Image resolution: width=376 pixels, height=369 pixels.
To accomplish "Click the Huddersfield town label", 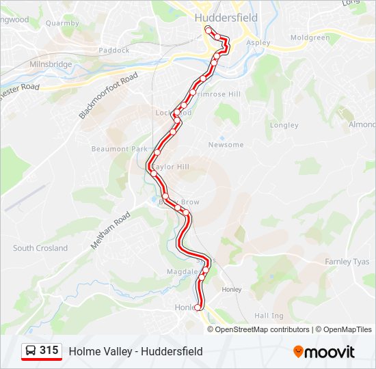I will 226,18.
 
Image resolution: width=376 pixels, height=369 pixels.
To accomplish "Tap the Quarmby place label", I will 62,23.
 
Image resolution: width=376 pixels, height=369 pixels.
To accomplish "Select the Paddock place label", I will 113,50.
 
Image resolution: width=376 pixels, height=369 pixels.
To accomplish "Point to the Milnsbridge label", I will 51,64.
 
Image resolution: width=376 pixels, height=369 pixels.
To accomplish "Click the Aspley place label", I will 258,42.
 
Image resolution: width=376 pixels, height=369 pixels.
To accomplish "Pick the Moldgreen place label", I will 310,38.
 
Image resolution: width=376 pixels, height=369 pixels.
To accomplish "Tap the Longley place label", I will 284,125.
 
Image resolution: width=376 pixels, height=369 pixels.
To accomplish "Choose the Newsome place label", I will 226,145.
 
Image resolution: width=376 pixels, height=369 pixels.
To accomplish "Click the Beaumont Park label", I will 120,149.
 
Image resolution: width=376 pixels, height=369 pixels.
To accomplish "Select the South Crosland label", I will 40,248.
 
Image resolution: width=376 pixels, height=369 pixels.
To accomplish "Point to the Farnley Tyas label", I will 347,262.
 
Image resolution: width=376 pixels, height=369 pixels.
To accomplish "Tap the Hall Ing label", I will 269,316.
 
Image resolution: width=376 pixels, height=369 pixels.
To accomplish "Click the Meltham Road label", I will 112,230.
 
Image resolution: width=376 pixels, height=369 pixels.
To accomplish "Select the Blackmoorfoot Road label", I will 108,96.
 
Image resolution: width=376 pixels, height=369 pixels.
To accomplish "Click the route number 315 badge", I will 49,351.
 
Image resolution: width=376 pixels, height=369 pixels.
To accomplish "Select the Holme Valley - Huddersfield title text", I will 135,351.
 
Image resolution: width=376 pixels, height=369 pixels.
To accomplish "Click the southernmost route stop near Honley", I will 198,307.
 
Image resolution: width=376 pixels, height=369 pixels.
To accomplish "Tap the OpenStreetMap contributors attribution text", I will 262,329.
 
